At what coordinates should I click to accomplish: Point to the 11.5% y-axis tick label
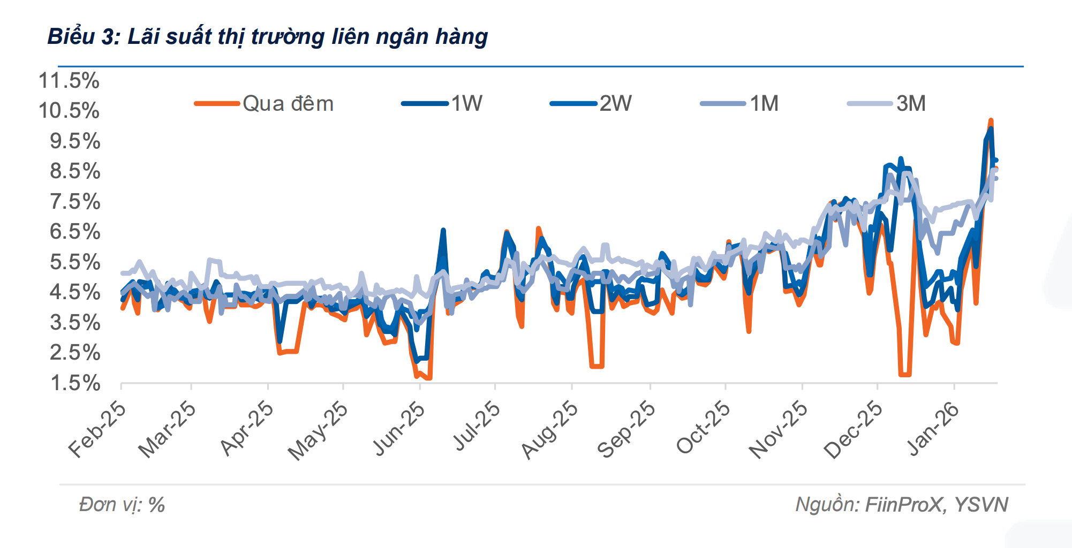coord(69,81)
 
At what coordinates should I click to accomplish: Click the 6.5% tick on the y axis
coord(74,232)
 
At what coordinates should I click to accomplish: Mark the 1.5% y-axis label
coord(74,383)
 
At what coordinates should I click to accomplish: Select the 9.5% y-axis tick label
coord(74,141)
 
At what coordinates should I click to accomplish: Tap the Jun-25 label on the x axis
coord(398,429)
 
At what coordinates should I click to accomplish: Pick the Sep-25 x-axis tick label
coord(626,430)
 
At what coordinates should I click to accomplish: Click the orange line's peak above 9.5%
coord(991,121)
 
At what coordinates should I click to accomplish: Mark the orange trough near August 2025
coord(597,366)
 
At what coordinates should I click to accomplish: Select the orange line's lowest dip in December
coord(904,374)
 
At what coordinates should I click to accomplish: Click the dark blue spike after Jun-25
coord(443,231)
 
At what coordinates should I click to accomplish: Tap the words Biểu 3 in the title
coord(83,36)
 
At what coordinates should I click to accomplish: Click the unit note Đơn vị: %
coord(122,505)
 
